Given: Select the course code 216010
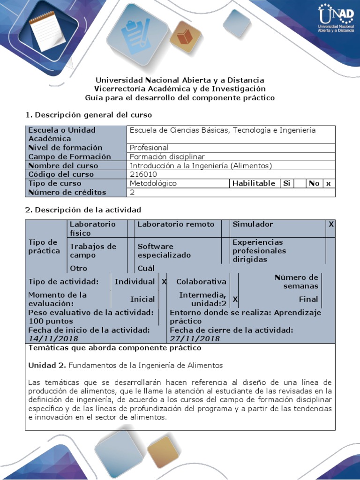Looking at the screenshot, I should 144,174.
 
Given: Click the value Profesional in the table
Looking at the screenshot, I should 149,148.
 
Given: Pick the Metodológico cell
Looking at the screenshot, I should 153,183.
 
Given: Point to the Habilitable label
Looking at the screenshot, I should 254,183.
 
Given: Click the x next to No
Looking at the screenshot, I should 329,183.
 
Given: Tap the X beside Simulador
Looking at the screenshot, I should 331,224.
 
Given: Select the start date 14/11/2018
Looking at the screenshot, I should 53,338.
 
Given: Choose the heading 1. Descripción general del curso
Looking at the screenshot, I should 88,114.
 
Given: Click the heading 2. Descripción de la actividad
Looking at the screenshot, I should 82,210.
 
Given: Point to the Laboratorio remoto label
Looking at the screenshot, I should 176,224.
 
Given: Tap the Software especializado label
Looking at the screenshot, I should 164,251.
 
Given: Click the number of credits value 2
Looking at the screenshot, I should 132,192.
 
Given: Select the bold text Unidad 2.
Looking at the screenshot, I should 48,365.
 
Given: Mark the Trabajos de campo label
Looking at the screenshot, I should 93,251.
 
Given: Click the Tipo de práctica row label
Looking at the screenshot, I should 44,246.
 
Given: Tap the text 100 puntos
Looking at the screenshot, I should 51,321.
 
